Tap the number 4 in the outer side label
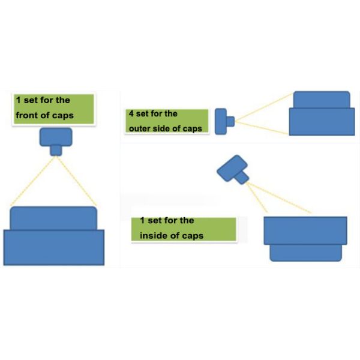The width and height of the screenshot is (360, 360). click(x=131, y=113)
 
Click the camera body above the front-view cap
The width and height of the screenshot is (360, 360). click(x=56, y=137)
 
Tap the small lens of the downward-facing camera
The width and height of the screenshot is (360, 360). click(x=56, y=150)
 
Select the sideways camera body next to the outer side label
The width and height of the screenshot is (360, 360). click(x=221, y=121)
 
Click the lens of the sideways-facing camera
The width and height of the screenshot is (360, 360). click(x=230, y=121)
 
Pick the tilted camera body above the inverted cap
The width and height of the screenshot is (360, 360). click(x=232, y=168)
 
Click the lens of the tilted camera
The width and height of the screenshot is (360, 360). click(x=242, y=178)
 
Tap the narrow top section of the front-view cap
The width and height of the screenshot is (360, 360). click(x=53, y=218)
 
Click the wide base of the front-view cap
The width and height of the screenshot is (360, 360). click(x=54, y=247)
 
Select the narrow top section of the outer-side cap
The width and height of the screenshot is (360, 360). click(x=322, y=100)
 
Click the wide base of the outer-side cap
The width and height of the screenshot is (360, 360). click(x=322, y=122)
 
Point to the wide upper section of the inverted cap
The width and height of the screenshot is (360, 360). click(x=305, y=230)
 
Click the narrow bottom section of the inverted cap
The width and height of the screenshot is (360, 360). click(x=305, y=253)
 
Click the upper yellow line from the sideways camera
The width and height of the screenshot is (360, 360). click(x=264, y=107)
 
